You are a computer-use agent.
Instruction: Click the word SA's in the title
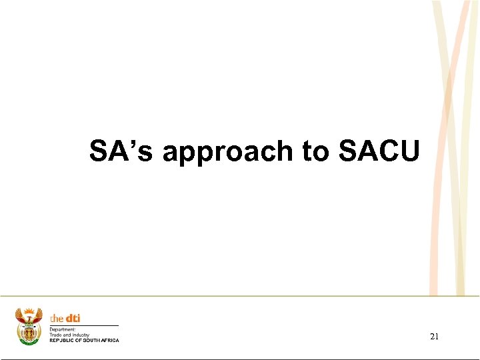coord(121,151)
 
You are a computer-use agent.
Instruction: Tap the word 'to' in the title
coord(316,151)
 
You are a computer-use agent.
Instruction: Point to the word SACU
coord(379,151)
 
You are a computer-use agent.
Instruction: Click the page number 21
coord(434,337)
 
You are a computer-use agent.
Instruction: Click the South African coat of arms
coord(29,326)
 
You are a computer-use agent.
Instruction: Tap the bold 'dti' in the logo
coord(72,318)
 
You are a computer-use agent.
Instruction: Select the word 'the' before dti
coord(57,318)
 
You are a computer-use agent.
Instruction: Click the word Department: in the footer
coord(63,329)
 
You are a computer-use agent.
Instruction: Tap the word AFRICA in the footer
coord(110,341)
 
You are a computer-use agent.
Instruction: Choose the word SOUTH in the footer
coord(91,341)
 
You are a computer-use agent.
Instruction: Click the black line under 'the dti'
coord(84,325)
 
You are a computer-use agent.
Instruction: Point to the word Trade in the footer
coord(54,335)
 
